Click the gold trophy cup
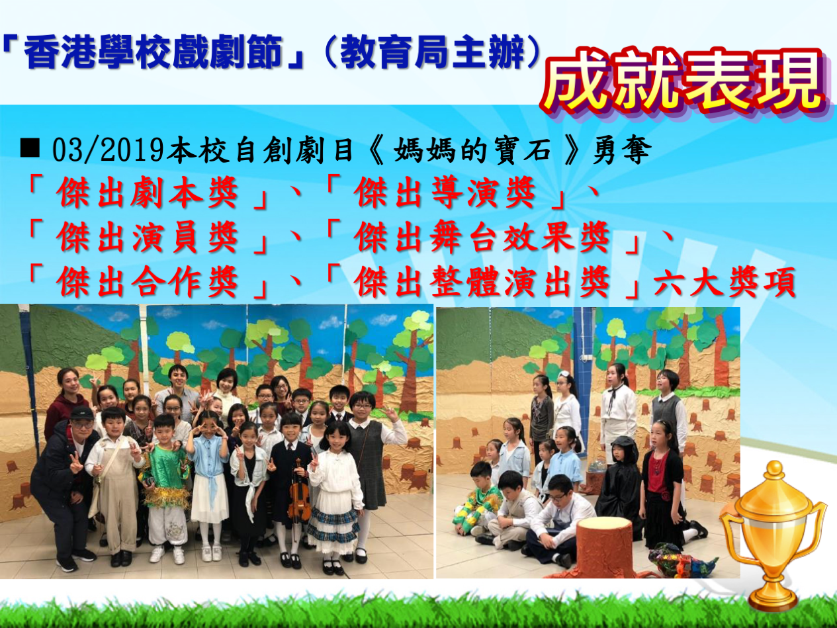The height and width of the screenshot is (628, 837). point(773,534)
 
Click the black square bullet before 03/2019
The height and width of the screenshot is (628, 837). point(30,148)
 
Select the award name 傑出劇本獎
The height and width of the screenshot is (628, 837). point(148,193)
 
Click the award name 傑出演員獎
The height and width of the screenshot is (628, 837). point(148,238)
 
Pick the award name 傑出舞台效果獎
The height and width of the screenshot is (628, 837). point(482,238)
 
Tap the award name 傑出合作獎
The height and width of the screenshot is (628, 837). point(148,282)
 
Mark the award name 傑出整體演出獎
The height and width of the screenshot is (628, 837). point(482,282)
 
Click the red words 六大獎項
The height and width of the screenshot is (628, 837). point(724,282)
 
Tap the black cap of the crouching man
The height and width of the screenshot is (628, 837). point(81,414)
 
